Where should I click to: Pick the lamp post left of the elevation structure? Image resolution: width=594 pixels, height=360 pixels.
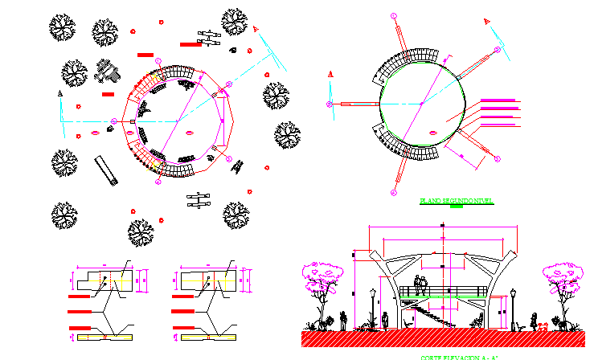(x=371, y=305)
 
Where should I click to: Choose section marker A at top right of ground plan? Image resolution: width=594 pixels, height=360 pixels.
(x=256, y=30)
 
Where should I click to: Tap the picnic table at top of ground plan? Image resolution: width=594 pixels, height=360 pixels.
(x=209, y=38)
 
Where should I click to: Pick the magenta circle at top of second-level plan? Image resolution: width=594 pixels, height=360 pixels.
(x=393, y=15)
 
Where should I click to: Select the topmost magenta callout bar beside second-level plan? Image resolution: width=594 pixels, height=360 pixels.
(x=498, y=100)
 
